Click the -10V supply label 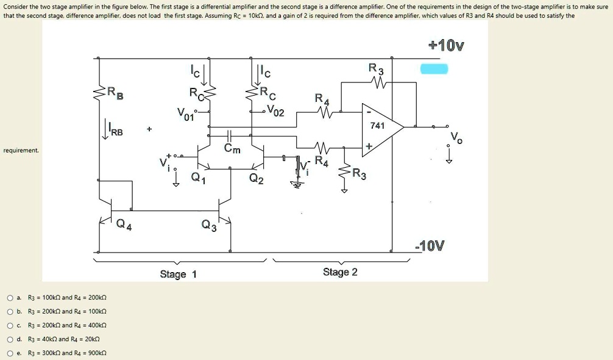pyautogui.click(x=429, y=246)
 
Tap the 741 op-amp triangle pyautogui.click(x=381, y=127)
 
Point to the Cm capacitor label pyautogui.click(x=232, y=149)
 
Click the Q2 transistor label pyautogui.click(x=257, y=178)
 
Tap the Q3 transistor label pyautogui.click(x=208, y=227)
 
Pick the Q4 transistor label pyautogui.click(x=124, y=226)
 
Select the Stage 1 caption pyautogui.click(x=178, y=274)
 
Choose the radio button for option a pyautogui.click(x=10, y=298)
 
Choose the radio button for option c pyautogui.click(x=10, y=325)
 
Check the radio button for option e pyautogui.click(x=10, y=353)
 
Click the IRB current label pyautogui.click(x=115, y=130)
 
